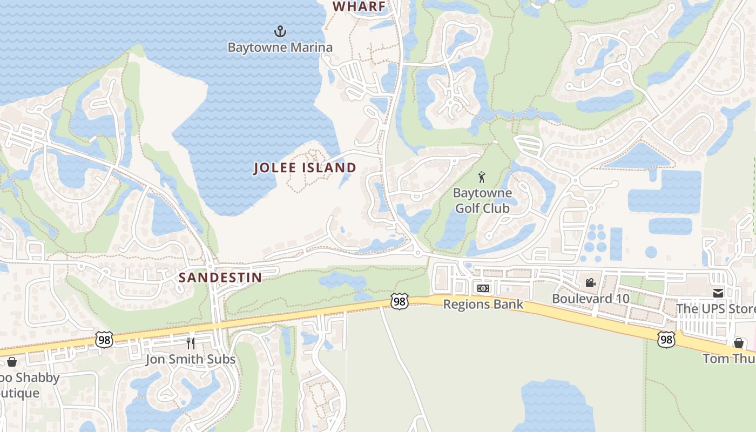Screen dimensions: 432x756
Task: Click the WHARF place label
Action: (359, 6)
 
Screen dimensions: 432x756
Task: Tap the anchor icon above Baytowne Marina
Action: (280, 31)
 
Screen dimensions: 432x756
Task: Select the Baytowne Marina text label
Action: (280, 48)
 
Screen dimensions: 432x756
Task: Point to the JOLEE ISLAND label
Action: (305, 168)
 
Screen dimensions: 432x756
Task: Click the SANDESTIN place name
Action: (220, 278)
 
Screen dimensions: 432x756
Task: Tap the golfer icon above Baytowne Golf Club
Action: (482, 177)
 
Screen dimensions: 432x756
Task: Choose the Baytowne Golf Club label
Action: (482, 200)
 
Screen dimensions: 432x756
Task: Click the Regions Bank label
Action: (483, 304)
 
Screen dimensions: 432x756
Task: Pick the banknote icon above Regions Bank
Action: (483, 288)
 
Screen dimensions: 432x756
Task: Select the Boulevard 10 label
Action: (590, 299)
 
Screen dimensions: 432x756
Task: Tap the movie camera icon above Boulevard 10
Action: (590, 282)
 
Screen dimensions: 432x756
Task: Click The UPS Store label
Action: (716, 309)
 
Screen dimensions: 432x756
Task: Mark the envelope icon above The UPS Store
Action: (718, 293)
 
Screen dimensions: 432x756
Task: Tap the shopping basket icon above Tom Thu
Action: (738, 343)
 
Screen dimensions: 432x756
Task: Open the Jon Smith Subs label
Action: (191, 359)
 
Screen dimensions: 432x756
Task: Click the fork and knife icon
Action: (191, 343)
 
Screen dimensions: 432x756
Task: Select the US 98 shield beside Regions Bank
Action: (400, 301)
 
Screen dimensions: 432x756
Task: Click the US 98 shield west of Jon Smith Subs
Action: (104, 340)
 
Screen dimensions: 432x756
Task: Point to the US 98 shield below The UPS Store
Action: (666, 339)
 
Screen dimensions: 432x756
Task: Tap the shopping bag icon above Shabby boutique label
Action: (11, 361)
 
